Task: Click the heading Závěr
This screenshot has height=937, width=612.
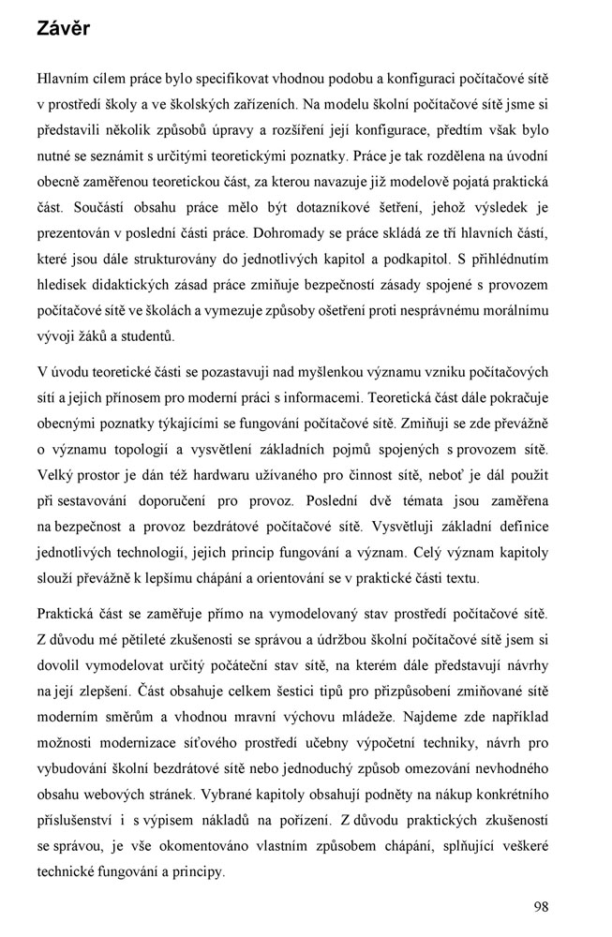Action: coord(64,29)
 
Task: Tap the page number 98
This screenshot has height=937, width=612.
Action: coord(541,906)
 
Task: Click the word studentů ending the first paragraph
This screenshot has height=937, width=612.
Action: coord(145,335)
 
